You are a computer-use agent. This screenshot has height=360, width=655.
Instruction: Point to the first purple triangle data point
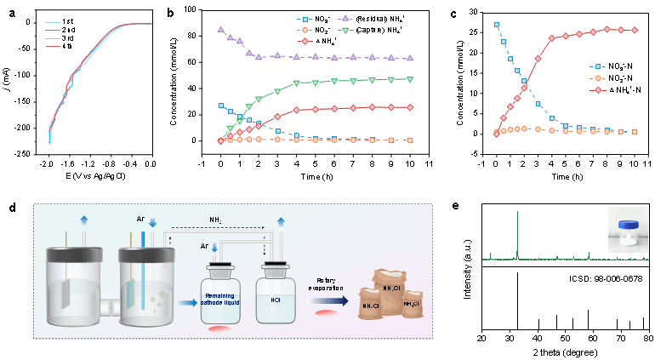(x=221, y=30)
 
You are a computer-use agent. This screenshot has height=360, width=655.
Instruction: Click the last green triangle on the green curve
(x=410, y=79)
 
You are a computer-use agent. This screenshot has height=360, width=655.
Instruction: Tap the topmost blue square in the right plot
(x=497, y=25)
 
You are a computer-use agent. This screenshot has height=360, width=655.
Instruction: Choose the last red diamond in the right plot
(x=635, y=30)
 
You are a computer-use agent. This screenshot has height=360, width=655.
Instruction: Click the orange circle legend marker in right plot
(x=599, y=77)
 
